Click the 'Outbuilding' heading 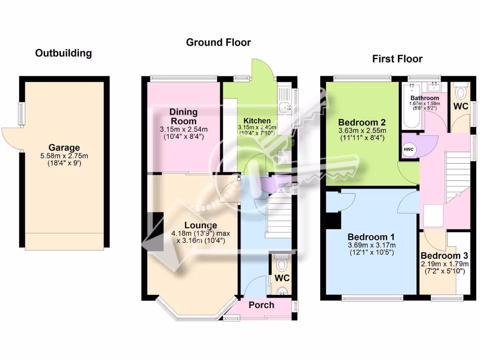[63, 53]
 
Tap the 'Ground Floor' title [218, 42]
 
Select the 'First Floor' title [397, 59]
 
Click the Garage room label [64, 147]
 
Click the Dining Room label [183, 116]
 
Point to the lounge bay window [195, 310]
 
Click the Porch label [261, 305]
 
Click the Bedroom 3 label [443, 256]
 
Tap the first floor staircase [457, 176]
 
